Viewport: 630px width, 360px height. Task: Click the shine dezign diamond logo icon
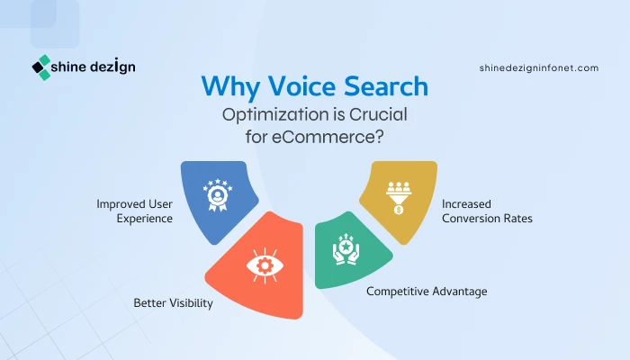pos(41,67)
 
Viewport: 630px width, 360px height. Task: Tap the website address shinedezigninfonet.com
pos(539,67)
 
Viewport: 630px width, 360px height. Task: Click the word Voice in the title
pos(301,86)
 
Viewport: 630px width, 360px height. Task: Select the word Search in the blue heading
pos(386,86)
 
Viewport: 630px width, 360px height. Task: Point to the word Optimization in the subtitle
pos(275,115)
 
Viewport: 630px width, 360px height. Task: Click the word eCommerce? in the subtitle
pos(328,137)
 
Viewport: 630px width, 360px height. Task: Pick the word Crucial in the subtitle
pos(378,114)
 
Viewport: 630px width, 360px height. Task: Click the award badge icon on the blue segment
pos(218,195)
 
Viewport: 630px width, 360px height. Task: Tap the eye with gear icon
pos(265,265)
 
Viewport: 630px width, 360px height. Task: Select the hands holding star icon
pos(346,249)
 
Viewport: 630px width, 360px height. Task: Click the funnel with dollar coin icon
pos(398,198)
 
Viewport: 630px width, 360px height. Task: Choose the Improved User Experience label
pos(135,211)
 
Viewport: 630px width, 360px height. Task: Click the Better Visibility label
pos(173,303)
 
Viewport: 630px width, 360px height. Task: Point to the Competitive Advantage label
pos(427,292)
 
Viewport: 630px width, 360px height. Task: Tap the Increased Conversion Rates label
pos(488,211)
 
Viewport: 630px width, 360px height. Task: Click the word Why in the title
pos(230,86)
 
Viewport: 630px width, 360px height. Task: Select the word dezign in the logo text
pos(112,67)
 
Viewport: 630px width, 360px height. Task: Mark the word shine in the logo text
pos(68,67)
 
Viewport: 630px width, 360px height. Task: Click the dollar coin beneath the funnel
pos(399,210)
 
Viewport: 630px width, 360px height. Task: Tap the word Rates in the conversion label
pos(517,218)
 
